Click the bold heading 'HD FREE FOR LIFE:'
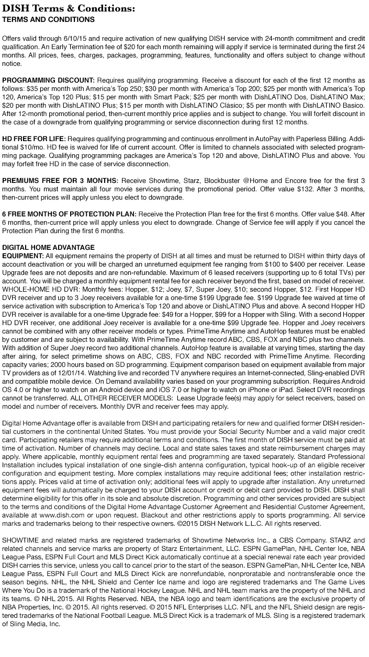[34, 140]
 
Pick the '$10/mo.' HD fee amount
[27, 148]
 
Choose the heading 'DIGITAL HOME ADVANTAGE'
[48, 247]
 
